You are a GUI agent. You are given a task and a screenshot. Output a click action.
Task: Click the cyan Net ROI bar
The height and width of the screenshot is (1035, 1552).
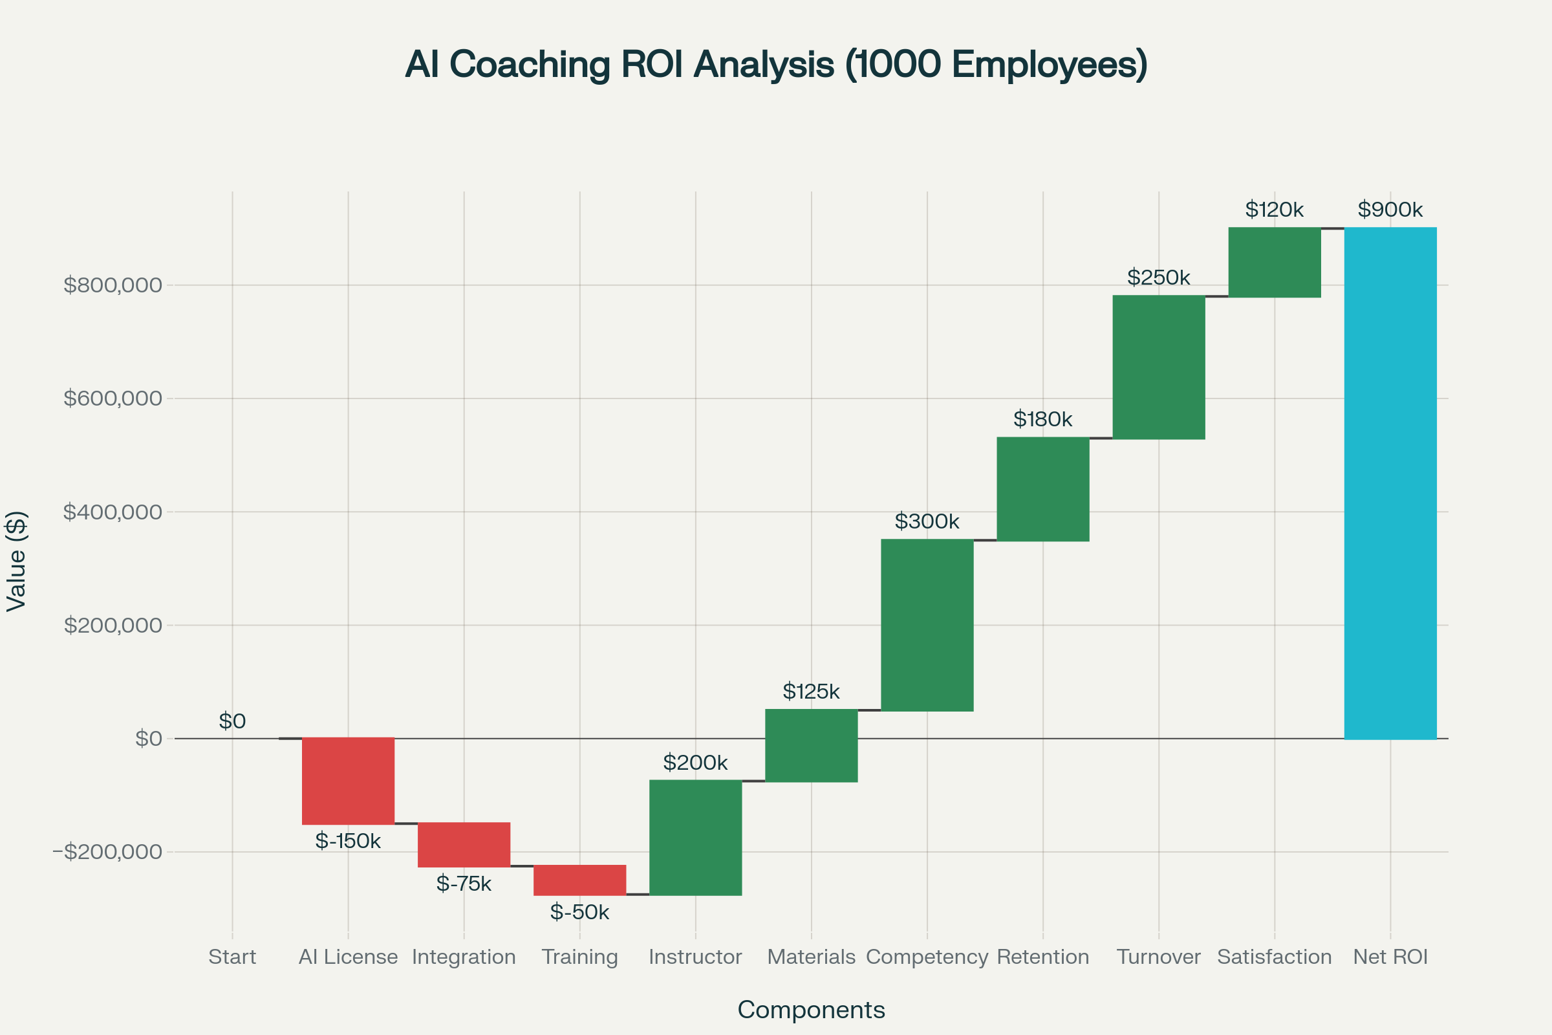(1390, 483)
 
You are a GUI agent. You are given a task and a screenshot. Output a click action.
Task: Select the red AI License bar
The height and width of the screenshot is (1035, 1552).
(349, 781)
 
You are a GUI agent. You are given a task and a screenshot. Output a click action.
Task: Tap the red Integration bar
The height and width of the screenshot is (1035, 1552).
(464, 845)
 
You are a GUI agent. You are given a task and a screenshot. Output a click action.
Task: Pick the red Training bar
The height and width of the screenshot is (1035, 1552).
(580, 880)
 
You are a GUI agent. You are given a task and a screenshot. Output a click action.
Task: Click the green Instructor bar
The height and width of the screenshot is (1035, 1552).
(696, 838)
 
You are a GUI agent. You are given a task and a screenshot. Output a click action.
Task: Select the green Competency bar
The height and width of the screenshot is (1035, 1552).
(927, 625)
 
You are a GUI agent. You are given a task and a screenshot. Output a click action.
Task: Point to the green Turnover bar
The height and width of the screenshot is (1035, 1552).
(1159, 367)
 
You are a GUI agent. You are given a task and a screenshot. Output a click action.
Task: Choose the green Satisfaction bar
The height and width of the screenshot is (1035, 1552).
(1275, 263)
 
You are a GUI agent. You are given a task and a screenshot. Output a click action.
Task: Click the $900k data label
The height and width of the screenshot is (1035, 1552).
(1390, 210)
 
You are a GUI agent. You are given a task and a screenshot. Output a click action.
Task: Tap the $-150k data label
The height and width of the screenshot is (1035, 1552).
(349, 841)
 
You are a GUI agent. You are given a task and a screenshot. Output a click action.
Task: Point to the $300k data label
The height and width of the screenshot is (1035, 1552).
(927, 521)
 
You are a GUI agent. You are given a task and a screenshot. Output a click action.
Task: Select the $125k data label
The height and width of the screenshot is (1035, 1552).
(811, 691)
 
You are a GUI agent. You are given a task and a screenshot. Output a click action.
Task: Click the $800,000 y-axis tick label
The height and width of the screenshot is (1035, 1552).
(113, 285)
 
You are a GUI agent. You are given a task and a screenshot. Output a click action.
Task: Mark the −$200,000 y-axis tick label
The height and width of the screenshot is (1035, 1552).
(107, 851)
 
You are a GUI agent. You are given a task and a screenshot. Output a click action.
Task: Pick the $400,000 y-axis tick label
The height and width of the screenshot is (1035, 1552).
(113, 512)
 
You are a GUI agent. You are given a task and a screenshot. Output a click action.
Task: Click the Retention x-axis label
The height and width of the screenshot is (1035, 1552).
(1043, 957)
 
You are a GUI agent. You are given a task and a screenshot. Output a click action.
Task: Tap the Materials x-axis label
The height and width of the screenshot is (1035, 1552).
(811, 957)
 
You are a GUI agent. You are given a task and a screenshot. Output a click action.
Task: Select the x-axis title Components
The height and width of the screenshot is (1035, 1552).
(811, 1010)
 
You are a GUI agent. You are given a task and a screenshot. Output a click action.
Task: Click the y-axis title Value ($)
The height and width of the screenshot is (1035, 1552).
(16, 561)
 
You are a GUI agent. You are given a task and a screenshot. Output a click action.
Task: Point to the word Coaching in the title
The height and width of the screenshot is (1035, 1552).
(530, 65)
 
